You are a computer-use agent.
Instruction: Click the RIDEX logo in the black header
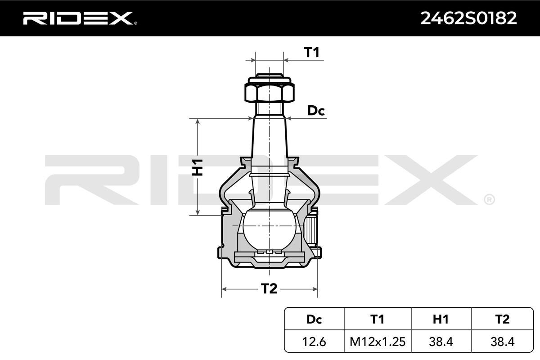(x=80, y=18)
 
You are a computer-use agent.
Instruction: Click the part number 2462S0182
(x=468, y=18)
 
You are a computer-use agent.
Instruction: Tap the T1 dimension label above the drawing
(x=312, y=52)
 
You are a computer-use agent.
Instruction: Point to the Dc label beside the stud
(x=316, y=111)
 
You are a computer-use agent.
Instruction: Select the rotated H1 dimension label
(x=197, y=167)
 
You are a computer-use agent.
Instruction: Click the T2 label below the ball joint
(x=269, y=288)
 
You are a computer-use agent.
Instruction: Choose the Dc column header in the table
(x=314, y=319)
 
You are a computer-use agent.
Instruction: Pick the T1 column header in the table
(x=377, y=319)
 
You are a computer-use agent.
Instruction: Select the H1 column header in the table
(x=441, y=319)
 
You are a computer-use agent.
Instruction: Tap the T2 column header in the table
(x=502, y=319)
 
